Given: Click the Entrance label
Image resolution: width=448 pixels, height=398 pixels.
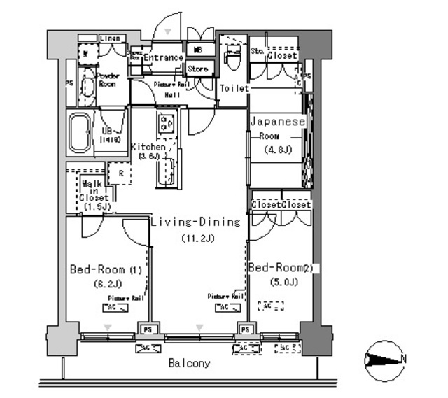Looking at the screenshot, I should pos(164,57).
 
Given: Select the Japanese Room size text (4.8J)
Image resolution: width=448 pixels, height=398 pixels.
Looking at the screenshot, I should pos(277,150).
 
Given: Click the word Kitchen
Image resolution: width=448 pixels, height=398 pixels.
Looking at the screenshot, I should pos(148,147).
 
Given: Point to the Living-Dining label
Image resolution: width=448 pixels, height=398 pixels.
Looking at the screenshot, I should pos(196,222).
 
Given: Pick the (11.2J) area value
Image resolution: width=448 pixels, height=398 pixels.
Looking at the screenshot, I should pos(198,238).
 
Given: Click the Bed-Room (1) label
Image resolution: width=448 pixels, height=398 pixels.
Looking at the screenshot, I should pos(106,269).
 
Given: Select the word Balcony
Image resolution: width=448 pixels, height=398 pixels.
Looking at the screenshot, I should pos(189,364).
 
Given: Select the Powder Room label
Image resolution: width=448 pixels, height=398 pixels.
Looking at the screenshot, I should pos(108,79).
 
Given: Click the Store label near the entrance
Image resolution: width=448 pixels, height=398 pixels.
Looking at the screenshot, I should pos(198,69).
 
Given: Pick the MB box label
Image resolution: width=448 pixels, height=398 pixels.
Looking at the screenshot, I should pos(197,50).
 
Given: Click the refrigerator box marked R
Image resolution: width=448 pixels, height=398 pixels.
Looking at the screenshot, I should pos(120,173).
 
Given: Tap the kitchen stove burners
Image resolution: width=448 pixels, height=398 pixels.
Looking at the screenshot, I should pos(167,125).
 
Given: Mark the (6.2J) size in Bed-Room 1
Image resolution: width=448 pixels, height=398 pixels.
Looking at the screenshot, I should pos(106,284).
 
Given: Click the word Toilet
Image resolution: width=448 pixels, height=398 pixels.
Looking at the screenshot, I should pos(233,89).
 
